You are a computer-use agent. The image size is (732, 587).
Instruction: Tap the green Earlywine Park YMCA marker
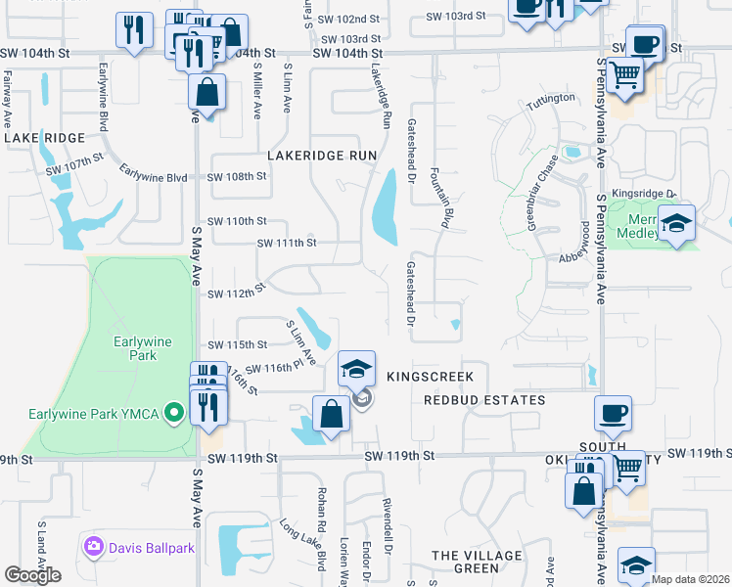tap(176, 413)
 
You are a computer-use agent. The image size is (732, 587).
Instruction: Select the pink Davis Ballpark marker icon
tap(94, 545)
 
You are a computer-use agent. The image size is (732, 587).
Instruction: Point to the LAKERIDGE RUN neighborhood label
tap(322, 156)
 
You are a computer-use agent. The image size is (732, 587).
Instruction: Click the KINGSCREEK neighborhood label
tap(430, 377)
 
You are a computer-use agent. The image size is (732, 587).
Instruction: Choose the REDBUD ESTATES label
tap(484, 400)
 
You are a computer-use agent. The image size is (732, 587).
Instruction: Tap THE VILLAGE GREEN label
tap(478, 562)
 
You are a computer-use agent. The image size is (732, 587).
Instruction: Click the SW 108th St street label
tap(237, 177)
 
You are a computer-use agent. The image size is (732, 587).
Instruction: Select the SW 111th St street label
tap(287, 243)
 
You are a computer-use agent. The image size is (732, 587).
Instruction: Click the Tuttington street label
tap(551, 100)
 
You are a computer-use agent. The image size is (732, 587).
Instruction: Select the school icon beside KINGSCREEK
tap(357, 369)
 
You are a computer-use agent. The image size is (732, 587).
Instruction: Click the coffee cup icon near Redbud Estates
tap(613, 413)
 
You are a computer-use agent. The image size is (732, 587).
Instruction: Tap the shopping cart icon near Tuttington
tap(624, 74)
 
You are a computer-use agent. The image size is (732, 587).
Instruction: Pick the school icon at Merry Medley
tap(676, 223)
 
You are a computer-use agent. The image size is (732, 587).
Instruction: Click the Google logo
tap(31, 575)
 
